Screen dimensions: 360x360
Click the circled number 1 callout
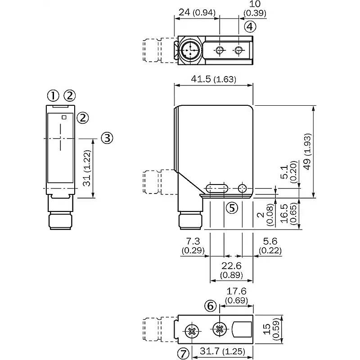pyautogui.click(x=53, y=95)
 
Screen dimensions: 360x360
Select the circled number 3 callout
pyautogui.click(x=107, y=138)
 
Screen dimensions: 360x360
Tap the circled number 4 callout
pyautogui.click(x=250, y=27)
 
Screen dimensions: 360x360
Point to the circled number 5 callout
pyautogui.click(x=232, y=208)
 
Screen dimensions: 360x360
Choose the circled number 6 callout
pyautogui.click(x=210, y=306)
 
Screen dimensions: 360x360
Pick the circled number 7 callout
pyautogui.click(x=183, y=354)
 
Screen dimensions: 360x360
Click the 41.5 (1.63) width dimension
pyautogui.click(x=213, y=79)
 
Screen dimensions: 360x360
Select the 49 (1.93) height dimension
pyautogui.click(x=307, y=152)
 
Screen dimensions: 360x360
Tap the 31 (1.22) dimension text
pyautogui.click(x=87, y=168)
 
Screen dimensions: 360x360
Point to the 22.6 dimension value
pyautogui.click(x=231, y=265)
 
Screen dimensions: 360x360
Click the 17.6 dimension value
pyautogui.click(x=237, y=291)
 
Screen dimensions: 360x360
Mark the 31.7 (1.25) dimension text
pyautogui.click(x=222, y=351)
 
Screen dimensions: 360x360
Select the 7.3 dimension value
pyautogui.click(x=193, y=241)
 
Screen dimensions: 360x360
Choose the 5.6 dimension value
pyautogui.click(x=270, y=241)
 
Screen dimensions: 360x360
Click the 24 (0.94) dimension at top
pyautogui.click(x=197, y=13)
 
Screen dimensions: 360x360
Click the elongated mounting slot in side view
pyautogui.click(x=216, y=189)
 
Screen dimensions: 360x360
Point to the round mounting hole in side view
pyautogui.click(x=242, y=189)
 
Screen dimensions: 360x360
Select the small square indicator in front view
pyautogui.click(x=64, y=117)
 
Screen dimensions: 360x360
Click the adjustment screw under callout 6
pyautogui.click(x=220, y=329)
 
